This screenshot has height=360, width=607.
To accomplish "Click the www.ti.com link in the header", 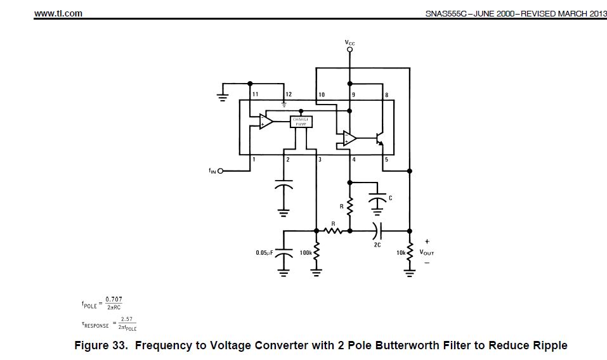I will pyautogui.click(x=58, y=13).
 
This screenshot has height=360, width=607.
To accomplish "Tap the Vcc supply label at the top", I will pyautogui.click(x=349, y=43).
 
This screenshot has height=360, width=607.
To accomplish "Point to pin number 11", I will pyautogui.click(x=255, y=94).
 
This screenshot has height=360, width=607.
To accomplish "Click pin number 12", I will pyautogui.click(x=289, y=94).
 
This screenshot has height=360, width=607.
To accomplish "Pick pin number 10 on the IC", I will pyautogui.click(x=322, y=94).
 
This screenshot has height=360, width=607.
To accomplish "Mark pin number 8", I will pyautogui.click(x=386, y=94).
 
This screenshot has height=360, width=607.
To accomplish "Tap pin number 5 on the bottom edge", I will pyautogui.click(x=386, y=160).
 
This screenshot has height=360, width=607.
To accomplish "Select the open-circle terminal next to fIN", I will pyautogui.click(x=221, y=171).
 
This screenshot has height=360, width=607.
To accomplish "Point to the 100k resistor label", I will pyautogui.click(x=305, y=252).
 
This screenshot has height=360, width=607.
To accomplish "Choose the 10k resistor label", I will pyautogui.click(x=400, y=252).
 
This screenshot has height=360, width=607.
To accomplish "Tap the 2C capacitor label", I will pyautogui.click(x=377, y=244).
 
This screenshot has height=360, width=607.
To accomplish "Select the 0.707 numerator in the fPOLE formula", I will pyautogui.click(x=114, y=299).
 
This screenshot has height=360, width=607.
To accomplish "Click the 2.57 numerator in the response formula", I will pyautogui.click(x=127, y=319).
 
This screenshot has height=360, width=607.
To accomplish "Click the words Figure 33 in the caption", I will pyautogui.click(x=100, y=345).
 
